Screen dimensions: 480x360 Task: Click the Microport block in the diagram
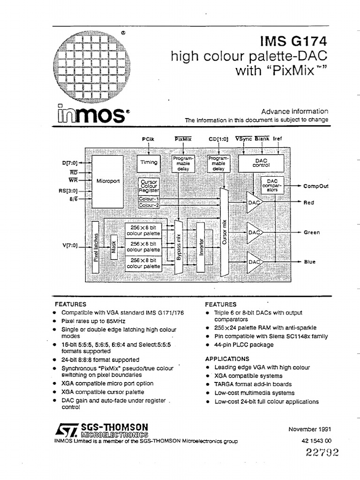pos(106,180)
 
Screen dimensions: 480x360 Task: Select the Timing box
pos(148,162)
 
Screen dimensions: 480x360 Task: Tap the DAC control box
pos(261,162)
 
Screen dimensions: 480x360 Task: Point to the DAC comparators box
pos(272,185)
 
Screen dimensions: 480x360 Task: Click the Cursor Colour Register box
pos(149,186)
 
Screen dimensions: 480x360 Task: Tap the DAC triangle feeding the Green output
pos(255,232)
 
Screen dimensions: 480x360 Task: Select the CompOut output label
pos(316,186)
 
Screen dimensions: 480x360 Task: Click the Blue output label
pos(310,262)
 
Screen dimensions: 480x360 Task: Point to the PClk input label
pos(148,139)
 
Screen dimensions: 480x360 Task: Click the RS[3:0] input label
pos(68,191)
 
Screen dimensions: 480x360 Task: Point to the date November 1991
pos(310,429)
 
